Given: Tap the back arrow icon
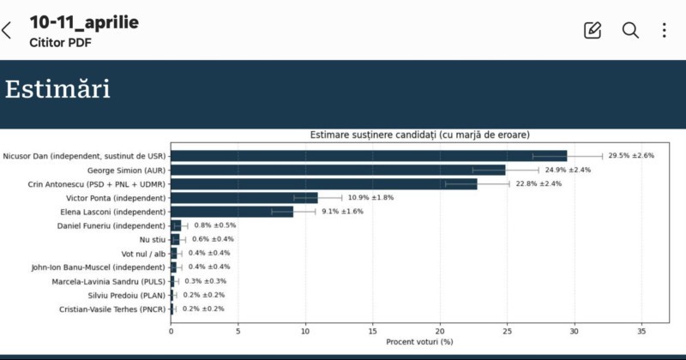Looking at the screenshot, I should [x=8, y=31].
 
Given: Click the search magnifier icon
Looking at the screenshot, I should [x=630, y=30].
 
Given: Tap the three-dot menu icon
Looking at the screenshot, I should [x=664, y=30].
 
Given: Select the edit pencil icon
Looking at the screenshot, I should [x=593, y=30].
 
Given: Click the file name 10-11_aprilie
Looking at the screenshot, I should [x=84, y=22].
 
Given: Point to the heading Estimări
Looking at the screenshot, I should [x=57, y=89].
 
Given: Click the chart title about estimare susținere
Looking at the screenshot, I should [x=419, y=135].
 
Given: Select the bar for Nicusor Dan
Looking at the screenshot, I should [x=369, y=156].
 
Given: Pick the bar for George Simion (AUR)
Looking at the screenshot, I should [x=338, y=170].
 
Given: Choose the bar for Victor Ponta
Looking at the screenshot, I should [x=244, y=198].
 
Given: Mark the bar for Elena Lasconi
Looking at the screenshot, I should [x=232, y=212].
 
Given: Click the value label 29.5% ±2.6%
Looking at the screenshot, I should [x=631, y=156].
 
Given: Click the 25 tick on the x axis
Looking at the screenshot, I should [x=507, y=330].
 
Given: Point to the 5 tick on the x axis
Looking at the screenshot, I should [x=238, y=330].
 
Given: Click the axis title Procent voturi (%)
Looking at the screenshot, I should [x=419, y=342].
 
